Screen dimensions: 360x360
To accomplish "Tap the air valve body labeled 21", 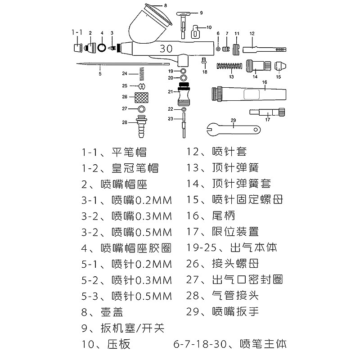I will tap(183, 94).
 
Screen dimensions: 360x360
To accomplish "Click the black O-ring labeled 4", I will tap(102, 47).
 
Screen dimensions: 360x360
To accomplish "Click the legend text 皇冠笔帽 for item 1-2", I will tap(135, 168).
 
